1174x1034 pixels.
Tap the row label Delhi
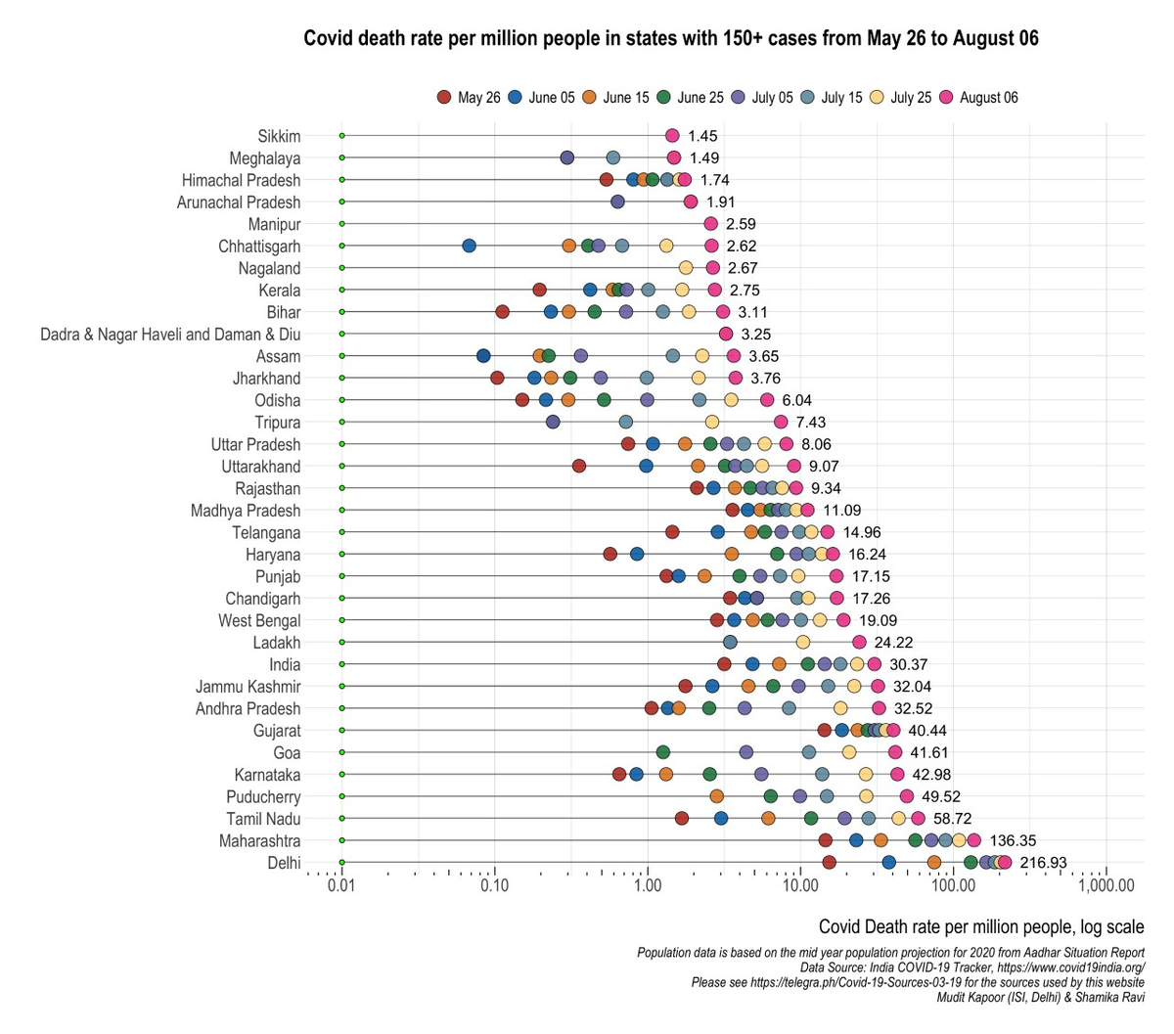point(284,863)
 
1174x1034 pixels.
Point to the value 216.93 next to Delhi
point(1043,863)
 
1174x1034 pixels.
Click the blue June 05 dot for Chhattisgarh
point(469,246)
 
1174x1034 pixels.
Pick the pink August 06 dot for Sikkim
point(672,136)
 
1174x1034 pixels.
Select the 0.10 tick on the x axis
point(494,886)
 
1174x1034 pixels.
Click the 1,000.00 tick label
point(1106,886)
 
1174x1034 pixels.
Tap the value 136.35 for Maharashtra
point(1013,840)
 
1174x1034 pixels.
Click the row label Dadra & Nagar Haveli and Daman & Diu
point(170,335)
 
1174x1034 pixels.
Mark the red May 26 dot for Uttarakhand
point(579,467)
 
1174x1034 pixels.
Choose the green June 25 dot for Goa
point(662,752)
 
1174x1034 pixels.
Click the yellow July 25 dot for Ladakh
point(803,642)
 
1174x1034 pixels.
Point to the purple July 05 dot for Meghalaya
point(567,157)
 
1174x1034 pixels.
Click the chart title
point(671,39)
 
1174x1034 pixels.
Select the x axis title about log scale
point(980,927)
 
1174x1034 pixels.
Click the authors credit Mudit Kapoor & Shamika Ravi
point(1040,998)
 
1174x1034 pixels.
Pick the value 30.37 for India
point(909,664)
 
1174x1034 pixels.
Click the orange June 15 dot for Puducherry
point(717,796)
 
